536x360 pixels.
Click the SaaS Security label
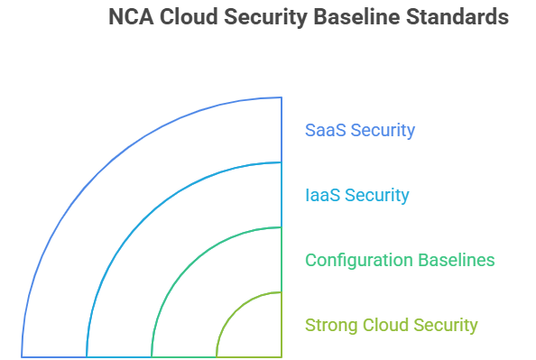coord(360,130)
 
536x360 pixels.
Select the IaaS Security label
coord(357,195)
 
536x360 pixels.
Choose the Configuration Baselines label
coord(400,260)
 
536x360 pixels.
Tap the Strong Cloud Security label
coord(392,325)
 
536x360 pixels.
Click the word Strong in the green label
coord(328,325)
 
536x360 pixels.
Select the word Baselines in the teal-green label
coord(456,260)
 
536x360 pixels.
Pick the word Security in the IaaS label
coord(377,195)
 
